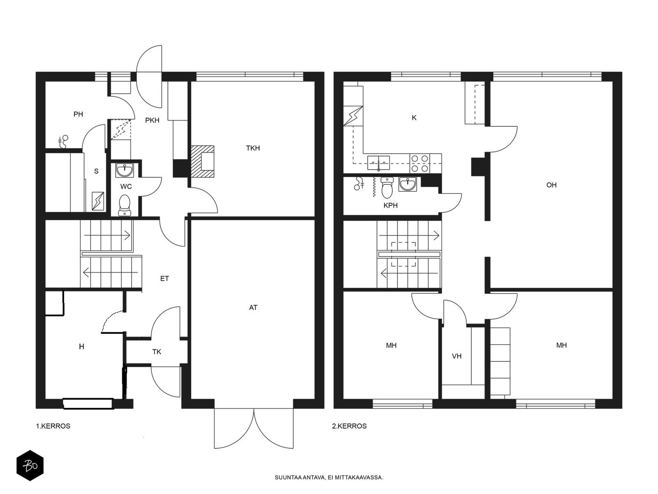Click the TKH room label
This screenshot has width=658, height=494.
pyautogui.click(x=253, y=148)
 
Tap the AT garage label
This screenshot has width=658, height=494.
pyautogui.click(x=253, y=308)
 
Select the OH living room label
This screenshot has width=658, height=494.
pyautogui.click(x=551, y=185)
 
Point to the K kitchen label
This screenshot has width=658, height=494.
pyautogui.click(x=414, y=118)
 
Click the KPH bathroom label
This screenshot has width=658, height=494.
pyautogui.click(x=391, y=205)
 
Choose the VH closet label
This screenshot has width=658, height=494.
pyautogui.click(x=456, y=356)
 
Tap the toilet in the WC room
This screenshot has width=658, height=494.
pyautogui.click(x=125, y=205)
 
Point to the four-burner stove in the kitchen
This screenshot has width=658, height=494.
pyautogui.click(x=420, y=163)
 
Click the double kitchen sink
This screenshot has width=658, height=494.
pyautogui.click(x=379, y=163)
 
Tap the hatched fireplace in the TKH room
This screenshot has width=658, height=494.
pyautogui.click(x=203, y=161)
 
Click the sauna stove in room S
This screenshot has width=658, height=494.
pyautogui.click(x=98, y=201)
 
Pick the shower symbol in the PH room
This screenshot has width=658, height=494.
pyautogui.click(x=64, y=141)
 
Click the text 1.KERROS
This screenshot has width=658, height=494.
pyautogui.click(x=53, y=426)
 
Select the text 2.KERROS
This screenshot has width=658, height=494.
pyautogui.click(x=349, y=426)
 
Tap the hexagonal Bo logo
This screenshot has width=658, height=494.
pyautogui.click(x=30, y=466)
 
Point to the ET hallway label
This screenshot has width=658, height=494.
pyautogui.click(x=164, y=279)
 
